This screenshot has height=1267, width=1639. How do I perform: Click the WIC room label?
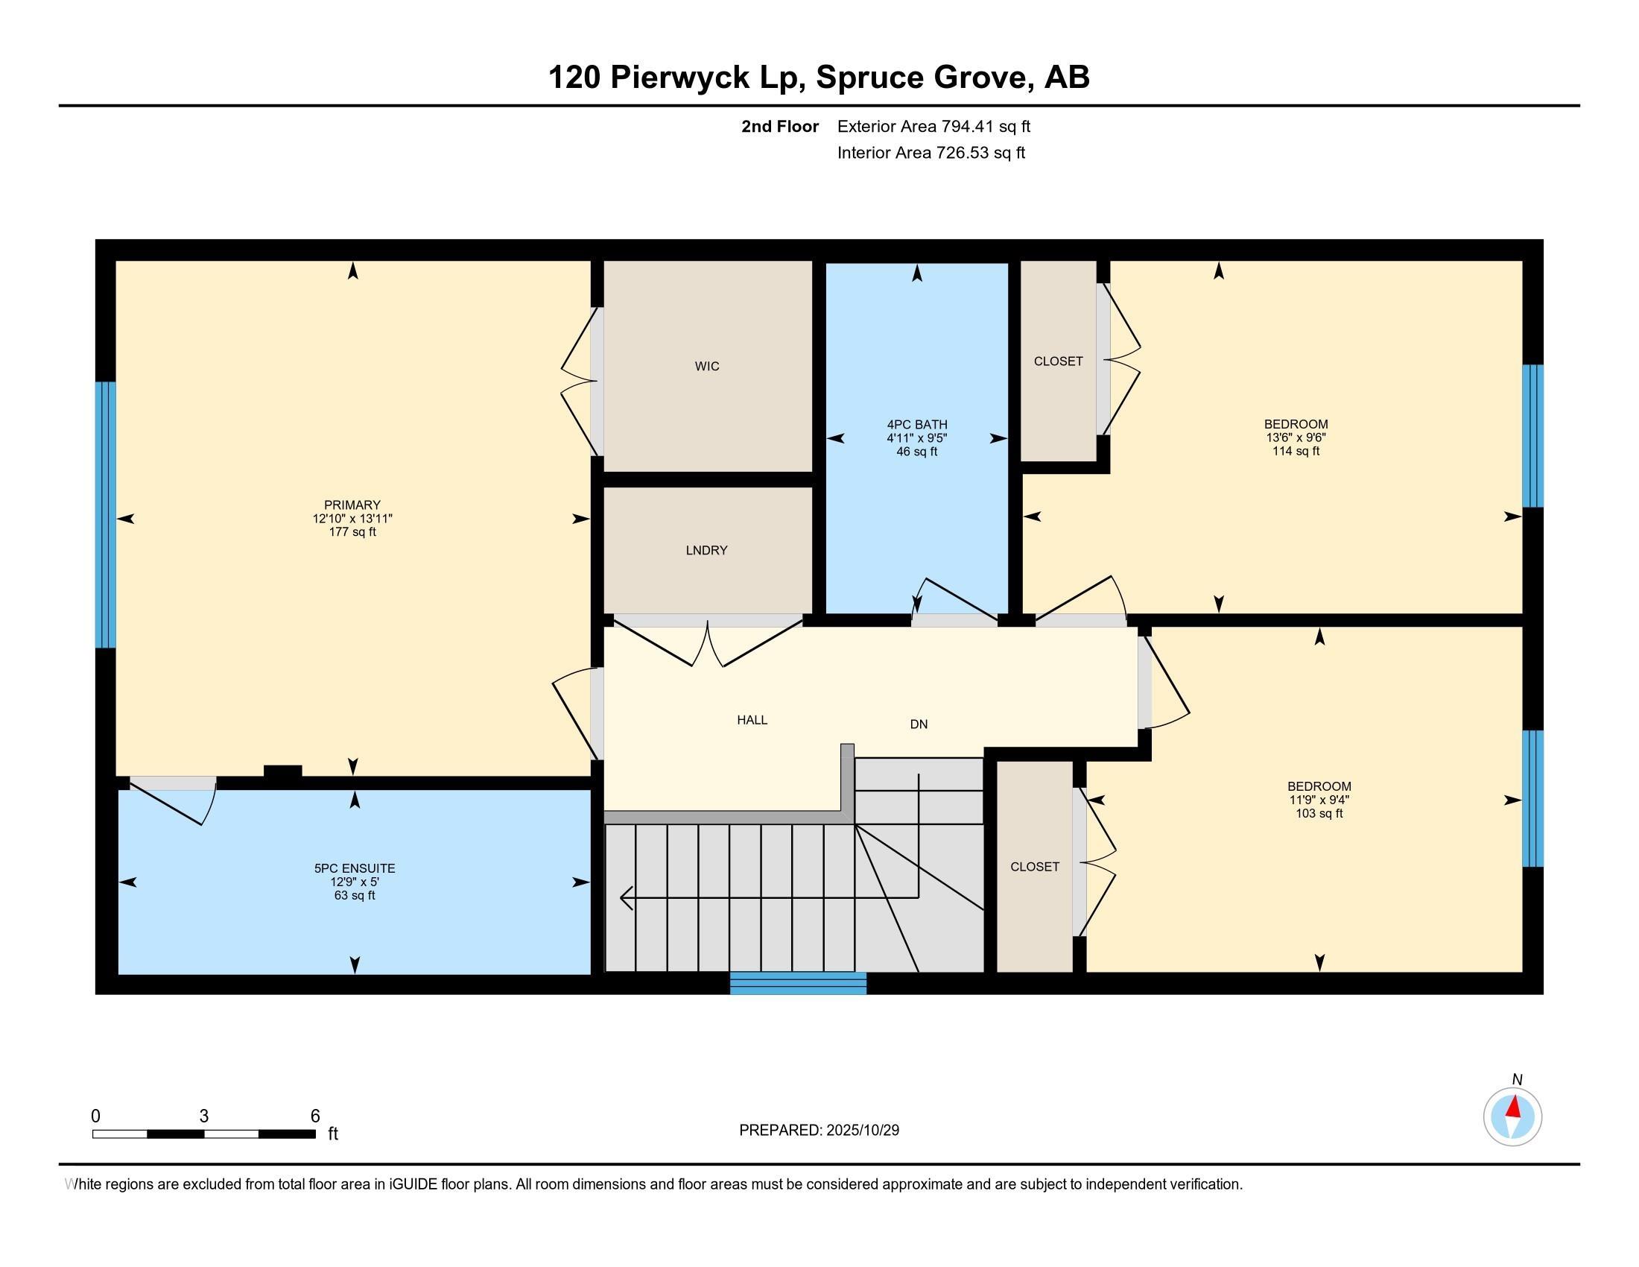click(706, 366)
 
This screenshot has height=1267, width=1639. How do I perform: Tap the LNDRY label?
click(706, 550)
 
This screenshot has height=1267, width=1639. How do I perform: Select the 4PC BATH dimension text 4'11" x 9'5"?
click(916, 438)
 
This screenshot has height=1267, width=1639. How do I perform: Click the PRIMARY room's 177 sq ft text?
click(352, 532)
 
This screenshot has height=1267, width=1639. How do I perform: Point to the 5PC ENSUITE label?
click(354, 868)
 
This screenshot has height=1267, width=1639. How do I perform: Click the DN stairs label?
click(919, 724)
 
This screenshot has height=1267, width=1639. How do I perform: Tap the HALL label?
click(751, 720)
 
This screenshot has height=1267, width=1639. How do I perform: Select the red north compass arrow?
click(1514, 1107)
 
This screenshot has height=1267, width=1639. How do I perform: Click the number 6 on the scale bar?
click(315, 1116)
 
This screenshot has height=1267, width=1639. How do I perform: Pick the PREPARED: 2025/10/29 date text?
click(819, 1131)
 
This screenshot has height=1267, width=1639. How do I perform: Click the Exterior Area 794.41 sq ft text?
click(933, 127)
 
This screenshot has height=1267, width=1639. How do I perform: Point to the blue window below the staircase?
click(798, 982)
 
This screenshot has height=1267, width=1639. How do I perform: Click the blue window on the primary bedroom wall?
click(106, 514)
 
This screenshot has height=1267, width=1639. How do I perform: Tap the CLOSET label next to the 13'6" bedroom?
click(1058, 361)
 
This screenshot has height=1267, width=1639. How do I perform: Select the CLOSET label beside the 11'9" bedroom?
click(1034, 866)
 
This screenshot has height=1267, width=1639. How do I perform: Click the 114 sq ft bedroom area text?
click(1296, 451)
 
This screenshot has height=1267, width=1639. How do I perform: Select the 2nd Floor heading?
click(779, 127)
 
